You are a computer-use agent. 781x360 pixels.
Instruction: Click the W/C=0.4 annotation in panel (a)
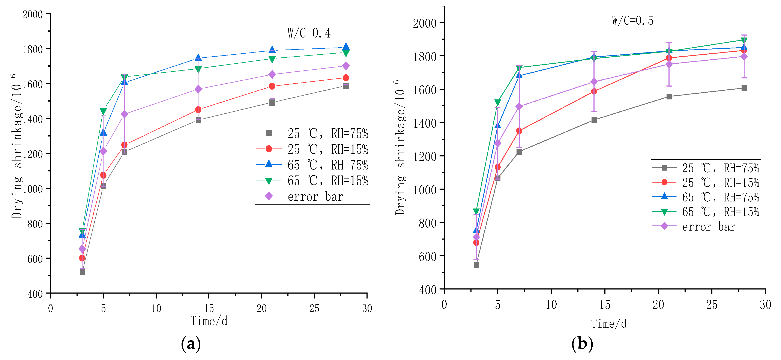(x=309, y=33)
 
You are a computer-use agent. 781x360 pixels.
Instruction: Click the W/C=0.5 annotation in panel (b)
(x=632, y=20)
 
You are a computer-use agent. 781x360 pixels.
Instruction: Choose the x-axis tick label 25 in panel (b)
(x=712, y=304)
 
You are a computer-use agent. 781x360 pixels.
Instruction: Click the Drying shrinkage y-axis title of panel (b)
(x=400, y=148)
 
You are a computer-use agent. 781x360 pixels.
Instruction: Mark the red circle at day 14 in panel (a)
(x=198, y=109)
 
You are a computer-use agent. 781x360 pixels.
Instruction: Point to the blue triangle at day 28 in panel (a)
(x=346, y=47)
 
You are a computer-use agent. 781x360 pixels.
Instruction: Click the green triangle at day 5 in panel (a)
(x=103, y=111)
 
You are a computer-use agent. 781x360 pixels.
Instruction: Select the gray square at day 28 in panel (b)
(x=744, y=88)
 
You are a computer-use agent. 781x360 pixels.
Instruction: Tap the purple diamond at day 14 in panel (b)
(x=594, y=82)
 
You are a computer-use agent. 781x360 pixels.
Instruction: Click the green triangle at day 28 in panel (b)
(x=744, y=40)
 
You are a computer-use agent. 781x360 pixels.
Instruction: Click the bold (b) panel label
(x=582, y=344)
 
